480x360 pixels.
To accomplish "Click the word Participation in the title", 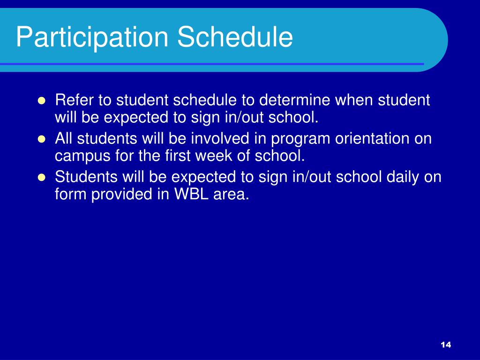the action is [x=92, y=37].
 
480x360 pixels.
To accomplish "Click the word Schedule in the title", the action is [x=235, y=37].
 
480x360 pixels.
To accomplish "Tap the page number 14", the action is [x=446, y=345].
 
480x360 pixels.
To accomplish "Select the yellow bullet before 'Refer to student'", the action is [x=41, y=101].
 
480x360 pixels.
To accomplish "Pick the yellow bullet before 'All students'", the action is [x=41, y=139].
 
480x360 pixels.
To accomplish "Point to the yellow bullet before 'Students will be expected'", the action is [x=41, y=178].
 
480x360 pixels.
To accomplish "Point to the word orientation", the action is [x=372, y=138].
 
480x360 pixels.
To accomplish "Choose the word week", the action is [x=213, y=156].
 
